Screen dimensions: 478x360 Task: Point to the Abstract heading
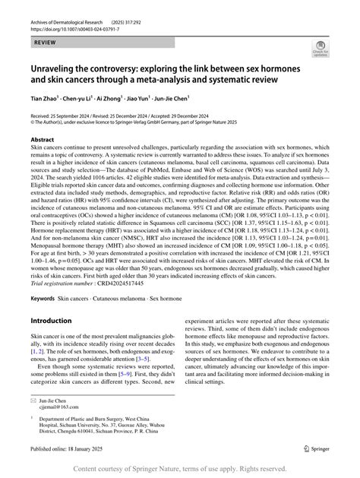point(42,141)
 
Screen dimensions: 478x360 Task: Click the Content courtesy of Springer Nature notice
point(180,469)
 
